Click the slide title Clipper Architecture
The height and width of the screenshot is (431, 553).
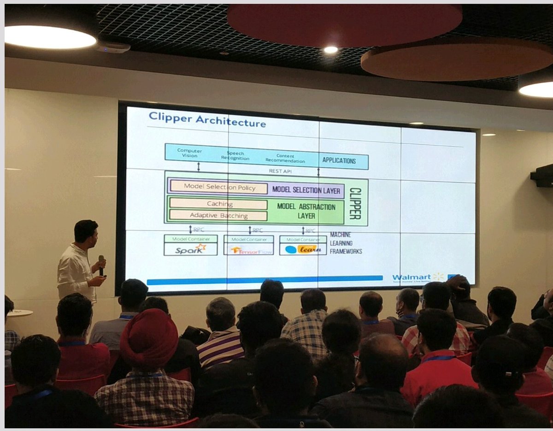(x=207, y=121)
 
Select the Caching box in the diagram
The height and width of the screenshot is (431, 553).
(x=219, y=204)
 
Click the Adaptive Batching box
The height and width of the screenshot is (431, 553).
(x=218, y=215)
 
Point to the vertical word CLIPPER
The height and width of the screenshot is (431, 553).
(x=355, y=203)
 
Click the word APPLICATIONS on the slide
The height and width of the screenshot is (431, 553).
(x=339, y=161)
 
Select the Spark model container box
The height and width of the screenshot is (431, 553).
(x=190, y=246)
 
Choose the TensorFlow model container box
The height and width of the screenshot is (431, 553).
(x=248, y=246)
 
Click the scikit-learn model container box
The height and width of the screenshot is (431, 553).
(x=303, y=246)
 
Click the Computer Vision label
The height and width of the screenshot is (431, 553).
(x=189, y=153)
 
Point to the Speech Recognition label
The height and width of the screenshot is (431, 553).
(x=235, y=156)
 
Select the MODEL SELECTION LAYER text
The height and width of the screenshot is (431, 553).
(x=306, y=190)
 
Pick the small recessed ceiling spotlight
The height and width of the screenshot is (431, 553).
(x=330, y=50)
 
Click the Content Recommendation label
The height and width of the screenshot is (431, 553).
(x=285, y=159)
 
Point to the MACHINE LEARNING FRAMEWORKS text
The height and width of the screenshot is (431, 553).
(x=345, y=243)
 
